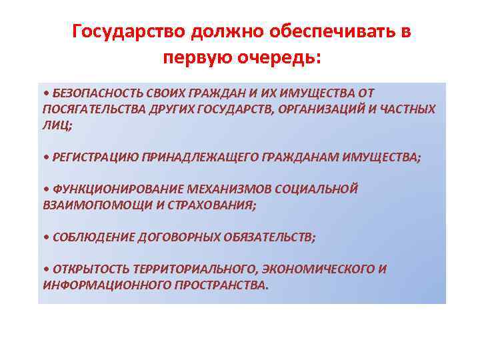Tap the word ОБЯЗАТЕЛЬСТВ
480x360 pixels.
271,237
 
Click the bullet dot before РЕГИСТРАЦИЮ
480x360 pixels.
44,157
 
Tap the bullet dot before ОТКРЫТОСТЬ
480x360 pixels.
44,270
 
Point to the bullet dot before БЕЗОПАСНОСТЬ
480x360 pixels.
44,93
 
